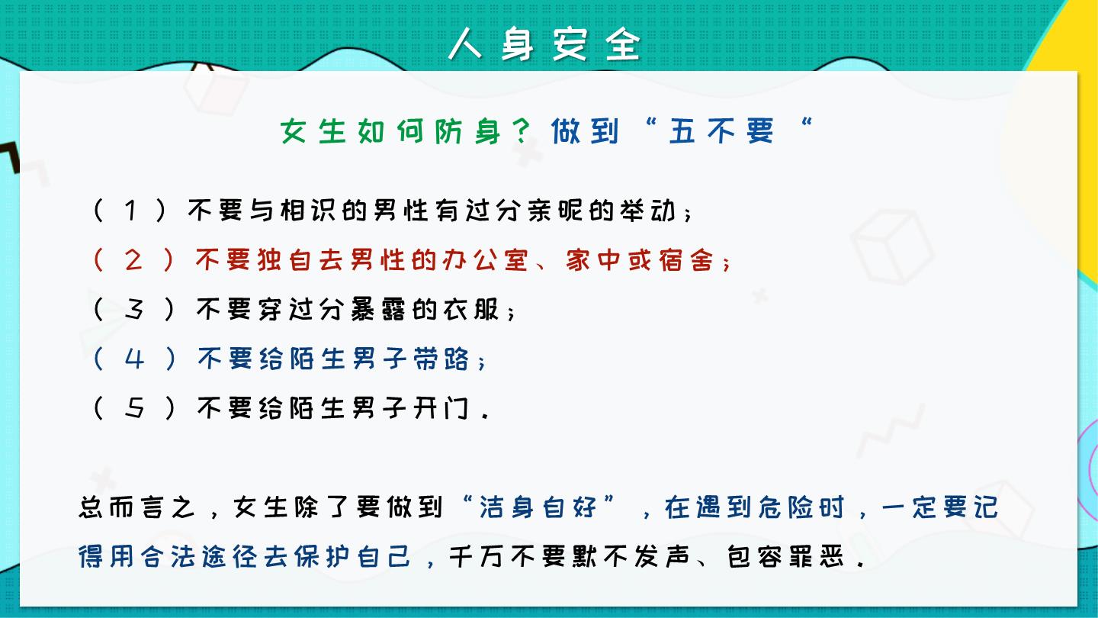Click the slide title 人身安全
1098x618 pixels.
[544, 43]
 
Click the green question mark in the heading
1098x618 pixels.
[523, 131]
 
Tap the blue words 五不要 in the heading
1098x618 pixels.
[721, 131]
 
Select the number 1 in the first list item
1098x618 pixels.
[130, 211]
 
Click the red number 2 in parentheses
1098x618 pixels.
[133, 260]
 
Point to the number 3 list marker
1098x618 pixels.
[133, 310]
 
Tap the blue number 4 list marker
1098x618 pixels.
[134, 359]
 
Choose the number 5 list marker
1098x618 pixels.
[134, 408]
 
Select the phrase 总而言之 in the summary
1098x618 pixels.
[137, 507]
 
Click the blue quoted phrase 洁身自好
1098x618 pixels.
[538, 507]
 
